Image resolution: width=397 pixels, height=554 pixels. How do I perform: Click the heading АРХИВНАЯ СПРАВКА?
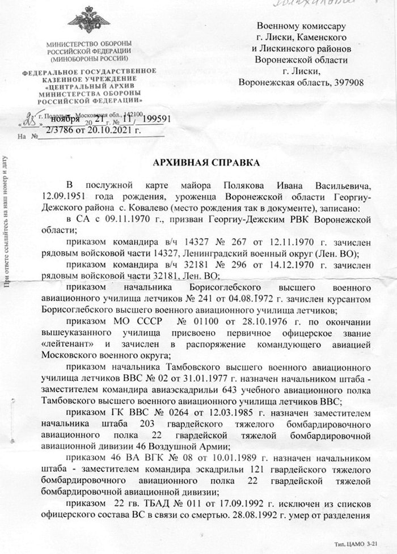pyautogui.click(x=206, y=163)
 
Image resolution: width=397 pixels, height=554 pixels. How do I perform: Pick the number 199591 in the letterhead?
pyautogui.click(x=153, y=120)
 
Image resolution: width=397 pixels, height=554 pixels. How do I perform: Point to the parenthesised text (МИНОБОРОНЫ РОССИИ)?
pyautogui.click(x=89, y=58)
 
